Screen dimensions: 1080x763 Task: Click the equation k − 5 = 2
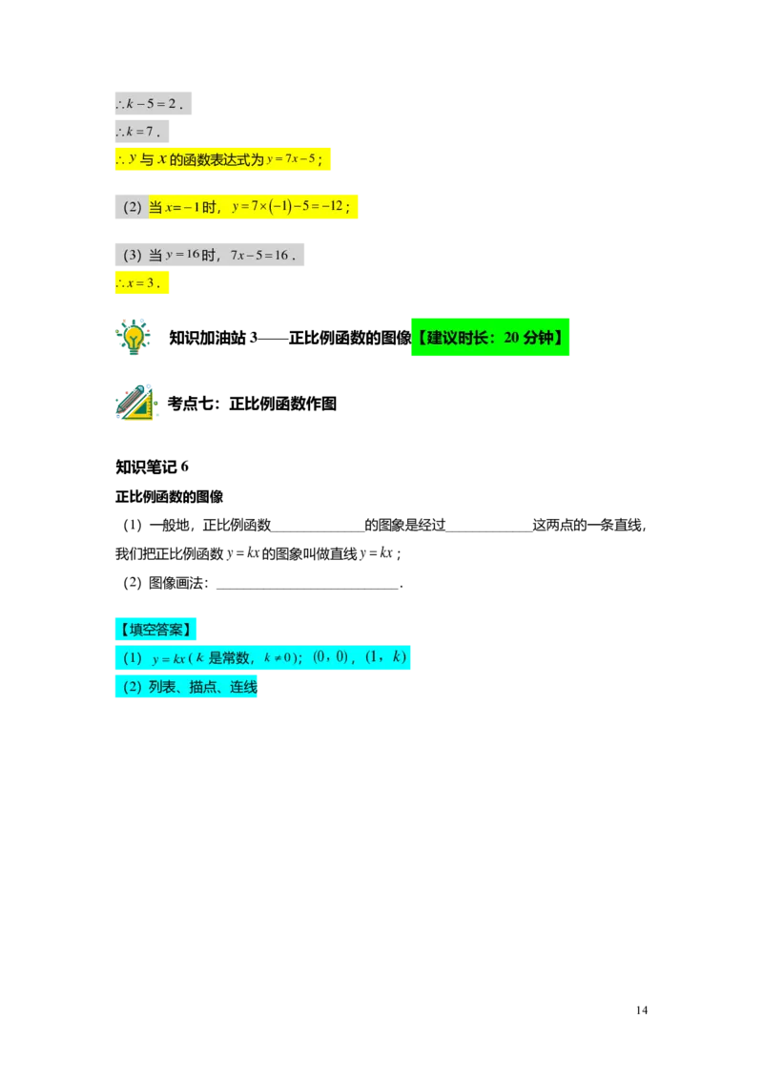pyautogui.click(x=153, y=103)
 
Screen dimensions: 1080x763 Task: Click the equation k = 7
pyautogui.click(x=142, y=132)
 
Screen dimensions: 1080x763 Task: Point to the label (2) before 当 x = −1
pyautogui.click(x=132, y=207)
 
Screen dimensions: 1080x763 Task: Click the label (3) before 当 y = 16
pyautogui.click(x=132, y=255)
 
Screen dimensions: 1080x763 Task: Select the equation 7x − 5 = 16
pyautogui.click(x=262, y=256)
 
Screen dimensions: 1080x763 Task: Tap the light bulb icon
pyautogui.click(x=134, y=336)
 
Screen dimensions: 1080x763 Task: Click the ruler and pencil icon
pyautogui.click(x=136, y=404)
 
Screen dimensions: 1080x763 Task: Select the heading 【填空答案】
pyautogui.click(x=155, y=629)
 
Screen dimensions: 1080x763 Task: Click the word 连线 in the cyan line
pyautogui.click(x=243, y=687)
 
